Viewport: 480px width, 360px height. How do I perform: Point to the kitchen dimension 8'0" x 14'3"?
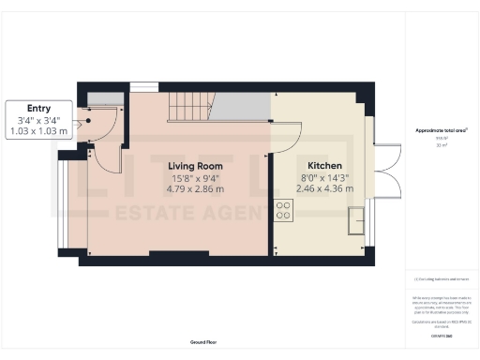pos(312,177)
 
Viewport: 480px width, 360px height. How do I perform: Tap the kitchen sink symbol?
pos(355,221)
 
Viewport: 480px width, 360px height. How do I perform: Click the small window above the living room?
pos(143,87)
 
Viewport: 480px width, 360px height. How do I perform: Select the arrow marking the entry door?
pos(87,119)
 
